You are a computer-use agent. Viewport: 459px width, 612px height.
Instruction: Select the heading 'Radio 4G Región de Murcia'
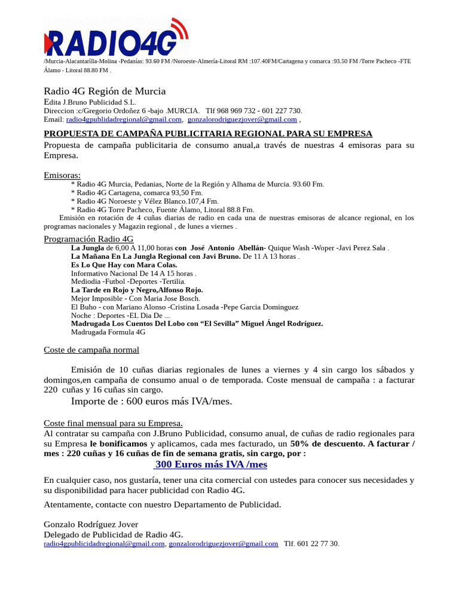pyautogui.click(x=105, y=91)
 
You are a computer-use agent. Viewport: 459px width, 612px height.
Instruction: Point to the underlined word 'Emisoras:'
pyautogui.click(x=62, y=175)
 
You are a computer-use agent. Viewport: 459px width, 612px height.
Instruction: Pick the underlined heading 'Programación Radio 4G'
pyautogui.click(x=88, y=239)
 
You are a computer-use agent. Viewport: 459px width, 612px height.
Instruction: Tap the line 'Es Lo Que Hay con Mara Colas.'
pyautogui.click(x=124, y=265)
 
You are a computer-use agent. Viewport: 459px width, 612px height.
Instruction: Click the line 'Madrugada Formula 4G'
pyautogui.click(x=108, y=332)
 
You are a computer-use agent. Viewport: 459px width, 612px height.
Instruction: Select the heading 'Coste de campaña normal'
pyautogui.click(x=91, y=350)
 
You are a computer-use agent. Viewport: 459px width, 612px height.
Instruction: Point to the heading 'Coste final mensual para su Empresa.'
pyautogui.click(x=113, y=423)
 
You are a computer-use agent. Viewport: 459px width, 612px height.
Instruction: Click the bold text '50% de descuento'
pyautogui.click(x=327, y=443)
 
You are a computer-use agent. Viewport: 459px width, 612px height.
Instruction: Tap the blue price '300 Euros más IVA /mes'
pyautogui.click(x=211, y=464)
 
